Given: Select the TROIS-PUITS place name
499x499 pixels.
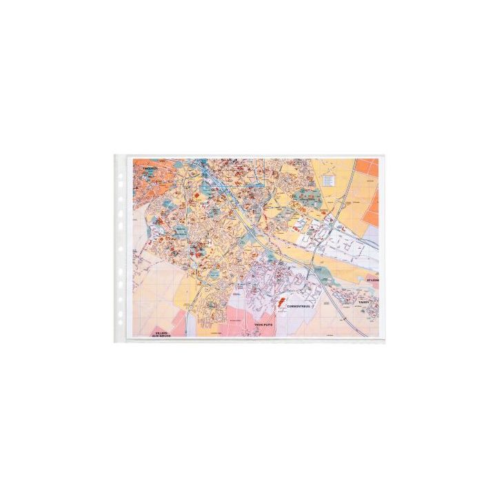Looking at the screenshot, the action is pos(263,324).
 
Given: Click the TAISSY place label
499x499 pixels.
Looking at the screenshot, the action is pos(365,303).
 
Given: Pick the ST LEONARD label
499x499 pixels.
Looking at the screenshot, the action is pos(373,281).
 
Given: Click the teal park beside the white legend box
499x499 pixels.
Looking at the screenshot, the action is pos(306,197).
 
